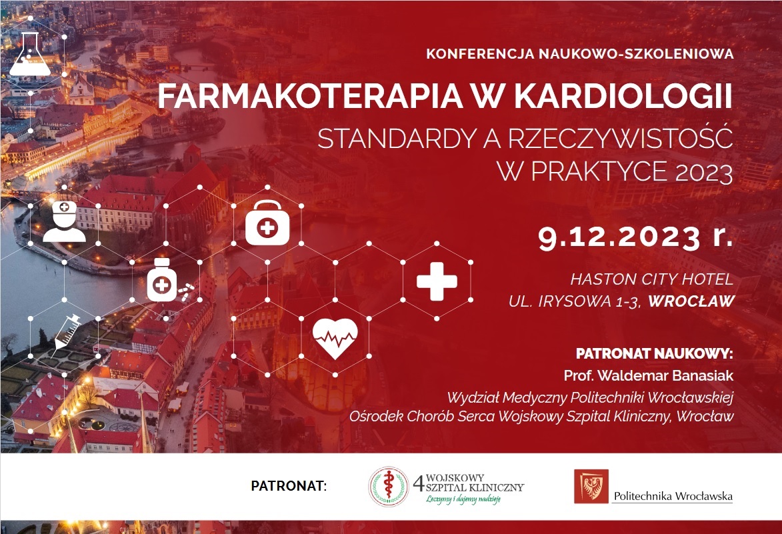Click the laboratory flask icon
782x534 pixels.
[x=30, y=54]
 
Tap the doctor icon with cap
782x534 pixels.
[x=65, y=221]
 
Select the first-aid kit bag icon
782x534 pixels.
[x=267, y=223]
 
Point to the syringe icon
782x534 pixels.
[x=67, y=331]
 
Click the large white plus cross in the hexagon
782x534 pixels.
[x=437, y=281]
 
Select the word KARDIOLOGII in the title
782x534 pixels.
[x=623, y=96]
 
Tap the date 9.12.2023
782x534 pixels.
[x=619, y=237]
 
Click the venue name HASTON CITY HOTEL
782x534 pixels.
[x=652, y=279]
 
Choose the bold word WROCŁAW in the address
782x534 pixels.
[x=691, y=301]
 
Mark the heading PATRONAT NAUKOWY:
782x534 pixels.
[x=654, y=353]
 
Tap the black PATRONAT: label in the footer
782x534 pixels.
[x=289, y=485]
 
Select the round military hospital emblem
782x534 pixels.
[x=389, y=487]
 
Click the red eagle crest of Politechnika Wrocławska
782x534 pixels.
[x=591, y=486]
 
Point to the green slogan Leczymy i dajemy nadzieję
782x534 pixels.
[x=463, y=499]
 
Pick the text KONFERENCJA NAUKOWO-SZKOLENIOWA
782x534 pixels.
[x=580, y=54]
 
